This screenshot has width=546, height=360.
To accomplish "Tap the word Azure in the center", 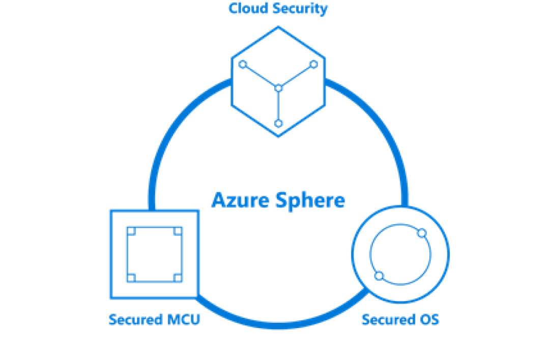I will click(240, 200).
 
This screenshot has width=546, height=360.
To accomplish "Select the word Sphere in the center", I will click(310, 200).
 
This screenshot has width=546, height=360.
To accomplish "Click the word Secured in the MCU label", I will click(135, 320).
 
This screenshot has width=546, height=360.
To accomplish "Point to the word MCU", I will click(184, 320).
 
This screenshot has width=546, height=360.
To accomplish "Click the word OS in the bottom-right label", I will click(429, 319).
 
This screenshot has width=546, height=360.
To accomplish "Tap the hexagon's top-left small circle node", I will click(243, 64).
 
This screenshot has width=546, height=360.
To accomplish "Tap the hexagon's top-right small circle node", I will click(314, 64).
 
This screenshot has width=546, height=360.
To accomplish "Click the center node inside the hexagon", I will click(278, 88).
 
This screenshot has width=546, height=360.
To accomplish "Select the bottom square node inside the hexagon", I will click(278, 123).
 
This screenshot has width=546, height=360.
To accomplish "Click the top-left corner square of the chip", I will click(131, 232).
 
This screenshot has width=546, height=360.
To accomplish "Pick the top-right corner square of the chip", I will click(177, 232).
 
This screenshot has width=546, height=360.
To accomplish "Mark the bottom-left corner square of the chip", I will click(131, 277).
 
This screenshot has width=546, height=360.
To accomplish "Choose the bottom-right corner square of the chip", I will click(177, 277).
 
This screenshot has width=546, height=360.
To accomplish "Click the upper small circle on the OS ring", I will click(421, 233).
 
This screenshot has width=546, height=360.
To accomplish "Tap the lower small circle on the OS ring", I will click(379, 275).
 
